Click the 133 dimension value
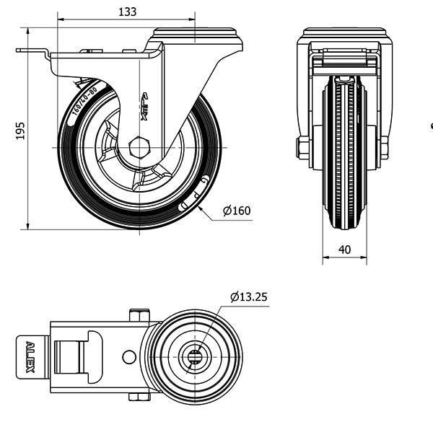[126, 12]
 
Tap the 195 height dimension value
[21, 130]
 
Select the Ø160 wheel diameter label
[237, 211]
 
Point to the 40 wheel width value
[344, 250]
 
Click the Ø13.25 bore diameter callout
[249, 296]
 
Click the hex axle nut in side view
[139, 147]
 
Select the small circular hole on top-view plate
[129, 356]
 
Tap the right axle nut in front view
[384, 148]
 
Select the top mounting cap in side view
[196, 34]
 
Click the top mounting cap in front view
[344, 34]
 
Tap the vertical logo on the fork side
[144, 106]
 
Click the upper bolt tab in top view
[139, 314]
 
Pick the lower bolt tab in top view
[139, 397]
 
